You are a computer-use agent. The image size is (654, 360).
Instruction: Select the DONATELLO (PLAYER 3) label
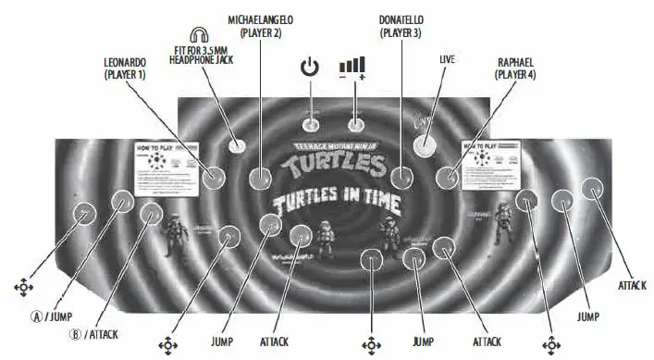(x=404, y=25)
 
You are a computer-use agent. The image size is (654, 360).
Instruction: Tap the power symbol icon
(x=310, y=67)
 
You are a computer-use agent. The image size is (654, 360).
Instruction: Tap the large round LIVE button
(x=425, y=143)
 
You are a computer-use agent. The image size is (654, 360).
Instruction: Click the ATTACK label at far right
(x=632, y=286)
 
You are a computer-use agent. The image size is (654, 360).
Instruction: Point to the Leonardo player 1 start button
(x=214, y=176)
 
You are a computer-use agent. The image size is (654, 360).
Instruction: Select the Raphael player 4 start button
(x=450, y=174)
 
